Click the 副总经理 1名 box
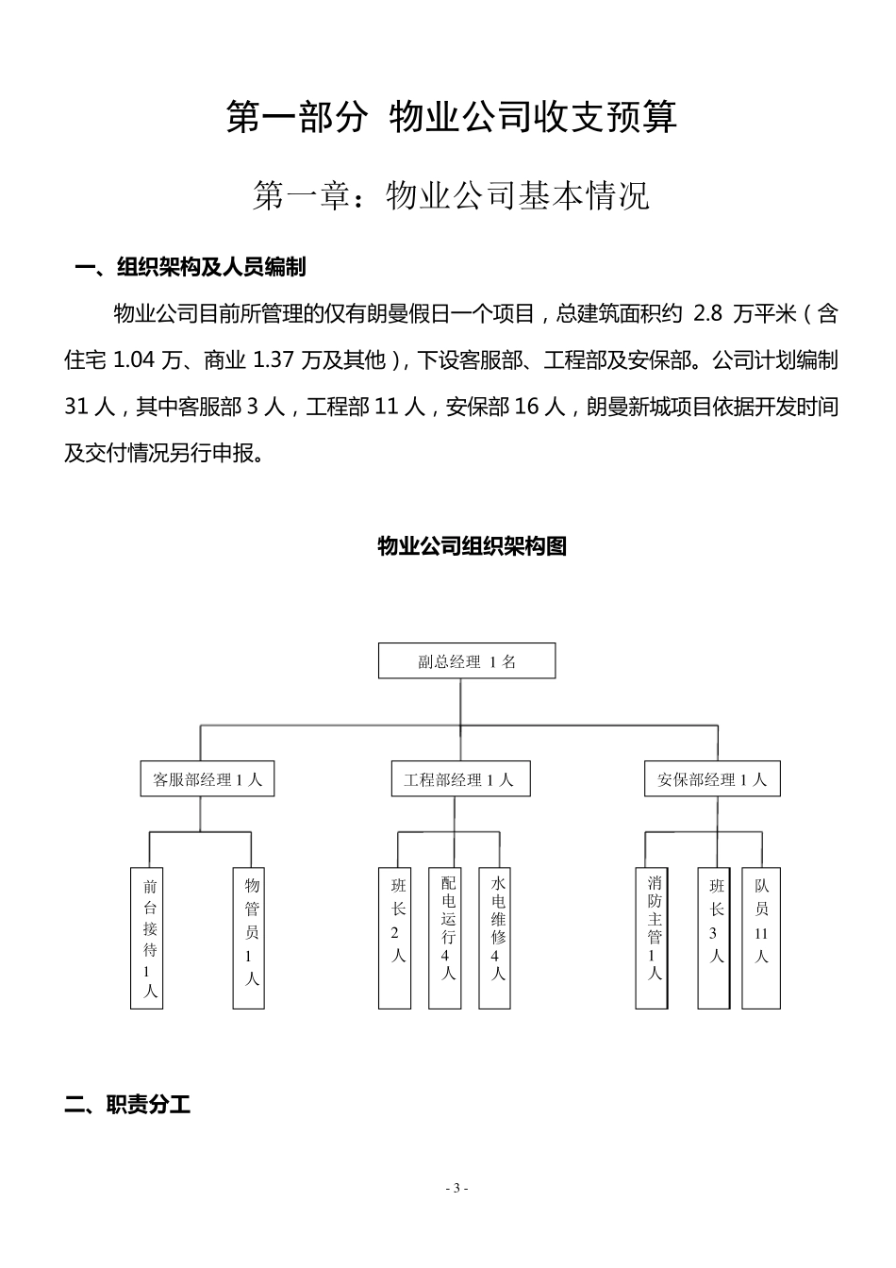click(x=467, y=660)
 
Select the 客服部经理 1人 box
click(x=207, y=779)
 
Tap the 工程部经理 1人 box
click(x=459, y=779)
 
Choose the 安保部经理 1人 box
click(x=712, y=779)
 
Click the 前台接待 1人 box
click(x=148, y=938)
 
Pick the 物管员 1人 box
click(x=250, y=938)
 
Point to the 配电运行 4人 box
click(x=447, y=938)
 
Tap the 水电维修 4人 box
click(x=497, y=938)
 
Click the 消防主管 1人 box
click(x=654, y=938)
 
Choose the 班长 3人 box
click(x=716, y=938)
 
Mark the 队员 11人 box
click(x=761, y=938)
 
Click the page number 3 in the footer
click(x=456, y=1188)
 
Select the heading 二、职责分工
click(x=128, y=1105)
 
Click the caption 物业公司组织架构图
click(x=472, y=546)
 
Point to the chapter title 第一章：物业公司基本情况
click(x=452, y=196)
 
